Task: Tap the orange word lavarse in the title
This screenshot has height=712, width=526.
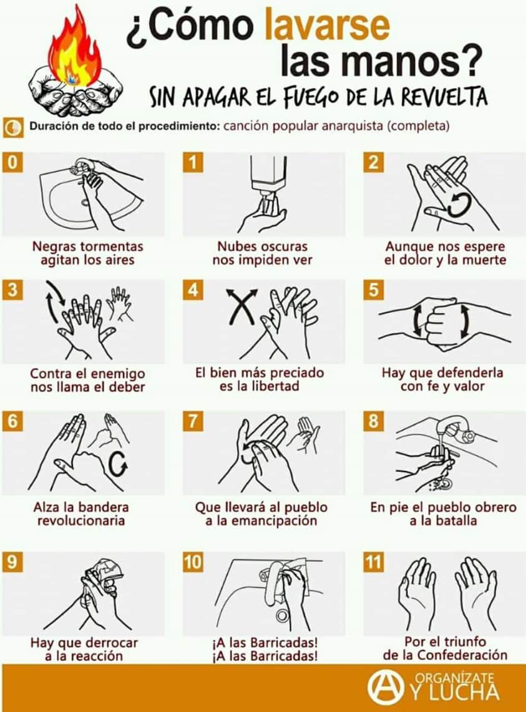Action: [x=327, y=26]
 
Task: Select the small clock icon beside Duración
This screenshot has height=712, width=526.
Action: [x=13, y=127]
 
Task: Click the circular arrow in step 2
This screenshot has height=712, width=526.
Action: [x=457, y=204]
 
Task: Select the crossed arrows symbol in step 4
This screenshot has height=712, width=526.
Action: [x=242, y=306]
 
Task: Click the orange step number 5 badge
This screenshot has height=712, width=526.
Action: [x=373, y=290]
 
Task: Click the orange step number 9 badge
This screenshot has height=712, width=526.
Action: [x=12, y=562]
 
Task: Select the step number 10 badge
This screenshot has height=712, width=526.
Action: [x=193, y=562]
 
